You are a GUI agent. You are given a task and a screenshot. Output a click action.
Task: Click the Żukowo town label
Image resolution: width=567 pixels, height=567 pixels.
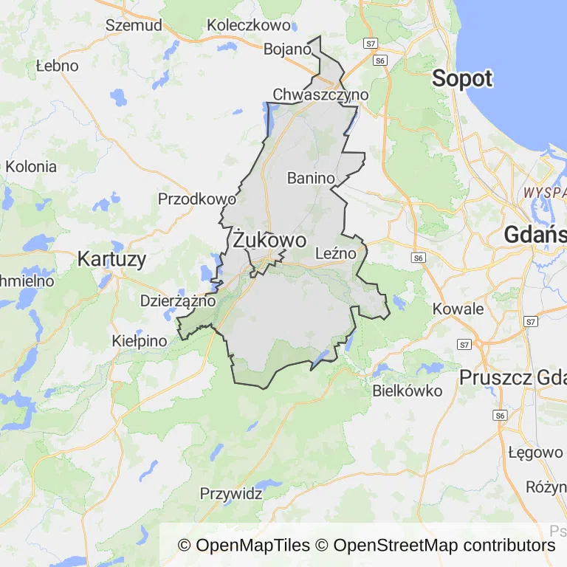(269, 240)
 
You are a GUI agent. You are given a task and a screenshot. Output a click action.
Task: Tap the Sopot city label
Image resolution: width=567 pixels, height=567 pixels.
(462, 78)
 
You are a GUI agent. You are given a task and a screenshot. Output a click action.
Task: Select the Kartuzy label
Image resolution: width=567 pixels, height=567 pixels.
(111, 259)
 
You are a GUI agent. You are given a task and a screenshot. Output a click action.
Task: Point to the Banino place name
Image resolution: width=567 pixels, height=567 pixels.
(311, 178)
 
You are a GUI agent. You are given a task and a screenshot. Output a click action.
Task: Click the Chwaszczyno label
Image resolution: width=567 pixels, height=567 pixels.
(320, 94)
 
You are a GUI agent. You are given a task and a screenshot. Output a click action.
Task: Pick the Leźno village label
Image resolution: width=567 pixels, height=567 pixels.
(335, 253)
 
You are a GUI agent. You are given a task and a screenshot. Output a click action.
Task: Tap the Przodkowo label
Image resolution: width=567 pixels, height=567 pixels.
(197, 199)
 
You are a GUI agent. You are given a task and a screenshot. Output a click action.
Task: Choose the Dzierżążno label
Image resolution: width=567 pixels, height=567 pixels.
(178, 301)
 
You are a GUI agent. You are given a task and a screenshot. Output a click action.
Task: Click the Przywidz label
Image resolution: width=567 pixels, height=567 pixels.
(231, 493)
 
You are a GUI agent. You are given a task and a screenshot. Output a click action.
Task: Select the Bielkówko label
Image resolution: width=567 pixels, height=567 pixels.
(408, 391)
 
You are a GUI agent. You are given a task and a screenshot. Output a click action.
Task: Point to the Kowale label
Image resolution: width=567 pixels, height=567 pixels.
(458, 309)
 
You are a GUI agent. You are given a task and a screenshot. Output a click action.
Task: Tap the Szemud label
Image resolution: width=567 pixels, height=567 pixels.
(134, 24)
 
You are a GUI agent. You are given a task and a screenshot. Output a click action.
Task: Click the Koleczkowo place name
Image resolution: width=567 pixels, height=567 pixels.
(249, 24)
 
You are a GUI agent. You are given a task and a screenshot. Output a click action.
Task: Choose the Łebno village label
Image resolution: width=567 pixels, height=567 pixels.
(57, 66)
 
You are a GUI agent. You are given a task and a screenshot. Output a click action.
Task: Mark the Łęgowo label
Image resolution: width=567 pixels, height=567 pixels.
(535, 452)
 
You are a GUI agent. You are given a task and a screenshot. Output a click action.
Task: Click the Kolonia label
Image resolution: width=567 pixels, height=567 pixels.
(30, 166)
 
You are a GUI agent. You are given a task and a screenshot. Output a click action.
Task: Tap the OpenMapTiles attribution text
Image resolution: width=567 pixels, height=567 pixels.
(244, 546)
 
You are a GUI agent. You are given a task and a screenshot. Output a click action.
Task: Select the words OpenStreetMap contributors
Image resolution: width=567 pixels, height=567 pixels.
(444, 546)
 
